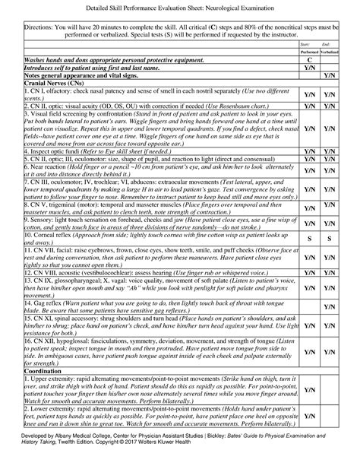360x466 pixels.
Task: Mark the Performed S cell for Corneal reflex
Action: pos(310,239)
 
